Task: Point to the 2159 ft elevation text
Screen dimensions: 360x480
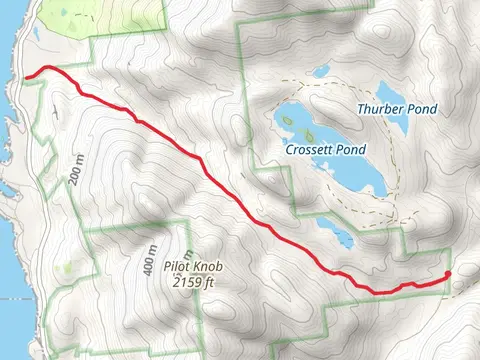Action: [200, 283]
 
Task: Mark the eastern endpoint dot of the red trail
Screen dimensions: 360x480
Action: [447, 274]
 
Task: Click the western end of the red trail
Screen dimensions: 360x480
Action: [26, 74]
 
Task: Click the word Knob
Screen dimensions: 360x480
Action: [224, 268]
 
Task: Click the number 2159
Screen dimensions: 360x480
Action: [193, 283]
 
